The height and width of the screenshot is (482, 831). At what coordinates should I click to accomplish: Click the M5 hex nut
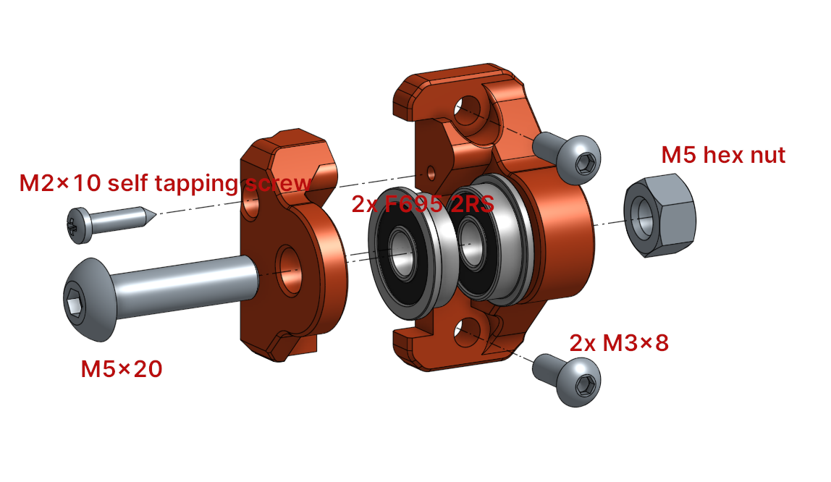pos(659,215)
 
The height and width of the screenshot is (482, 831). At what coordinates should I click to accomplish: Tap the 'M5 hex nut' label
pos(723,155)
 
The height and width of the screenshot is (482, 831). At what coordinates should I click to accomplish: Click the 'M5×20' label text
pos(122,369)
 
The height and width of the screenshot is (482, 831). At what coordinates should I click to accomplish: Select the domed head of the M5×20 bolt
pos(89,300)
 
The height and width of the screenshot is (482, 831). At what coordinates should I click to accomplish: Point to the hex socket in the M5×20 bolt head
pos(74,303)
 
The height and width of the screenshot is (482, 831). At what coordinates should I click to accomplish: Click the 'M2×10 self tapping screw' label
pos(165,183)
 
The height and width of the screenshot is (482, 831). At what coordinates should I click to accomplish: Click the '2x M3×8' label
pos(618,343)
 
